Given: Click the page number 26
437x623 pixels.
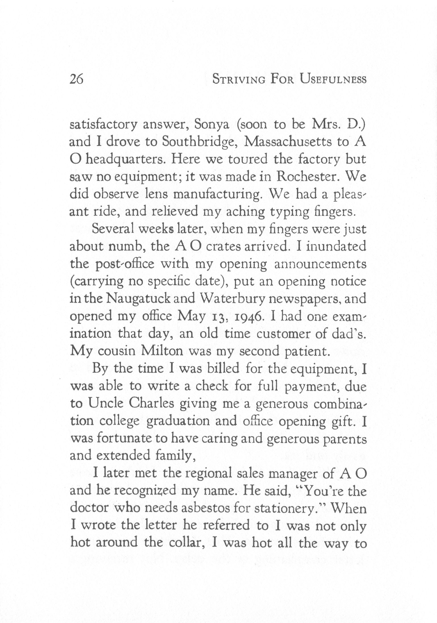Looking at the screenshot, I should tap(76, 80).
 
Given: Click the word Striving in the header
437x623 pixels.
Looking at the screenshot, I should tap(239, 79).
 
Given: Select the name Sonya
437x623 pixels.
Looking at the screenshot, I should tap(212, 125).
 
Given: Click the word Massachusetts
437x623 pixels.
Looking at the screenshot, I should tap(288, 142).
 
